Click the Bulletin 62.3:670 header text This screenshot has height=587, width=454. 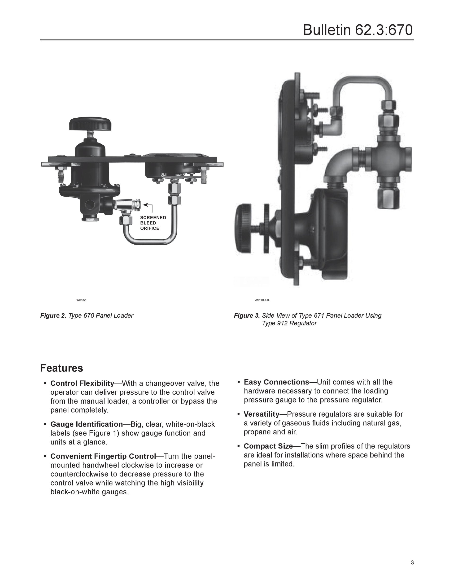pyautogui.click(x=358, y=30)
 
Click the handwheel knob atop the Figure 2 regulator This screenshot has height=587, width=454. pyautogui.click(x=90, y=124)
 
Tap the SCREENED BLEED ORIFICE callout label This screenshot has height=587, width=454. pyautogui.click(x=153, y=223)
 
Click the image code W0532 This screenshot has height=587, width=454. pyautogui.click(x=81, y=300)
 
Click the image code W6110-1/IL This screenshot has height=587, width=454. pyautogui.click(x=262, y=300)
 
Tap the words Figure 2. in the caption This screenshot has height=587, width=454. pyautogui.click(x=53, y=315)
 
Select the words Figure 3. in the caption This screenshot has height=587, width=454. pyautogui.click(x=247, y=315)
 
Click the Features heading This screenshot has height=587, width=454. pyautogui.click(x=61, y=368)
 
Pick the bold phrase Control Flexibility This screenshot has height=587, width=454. pyautogui.click(x=82, y=383)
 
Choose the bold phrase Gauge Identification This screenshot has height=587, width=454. pyautogui.click(x=87, y=424)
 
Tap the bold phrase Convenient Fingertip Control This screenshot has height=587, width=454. pyautogui.click(x=103, y=456)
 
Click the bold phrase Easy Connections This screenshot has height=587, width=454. pyautogui.click(x=276, y=382)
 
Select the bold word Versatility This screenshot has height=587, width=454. pyautogui.click(x=262, y=414)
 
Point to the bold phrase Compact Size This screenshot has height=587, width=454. pyautogui.click(x=268, y=446)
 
